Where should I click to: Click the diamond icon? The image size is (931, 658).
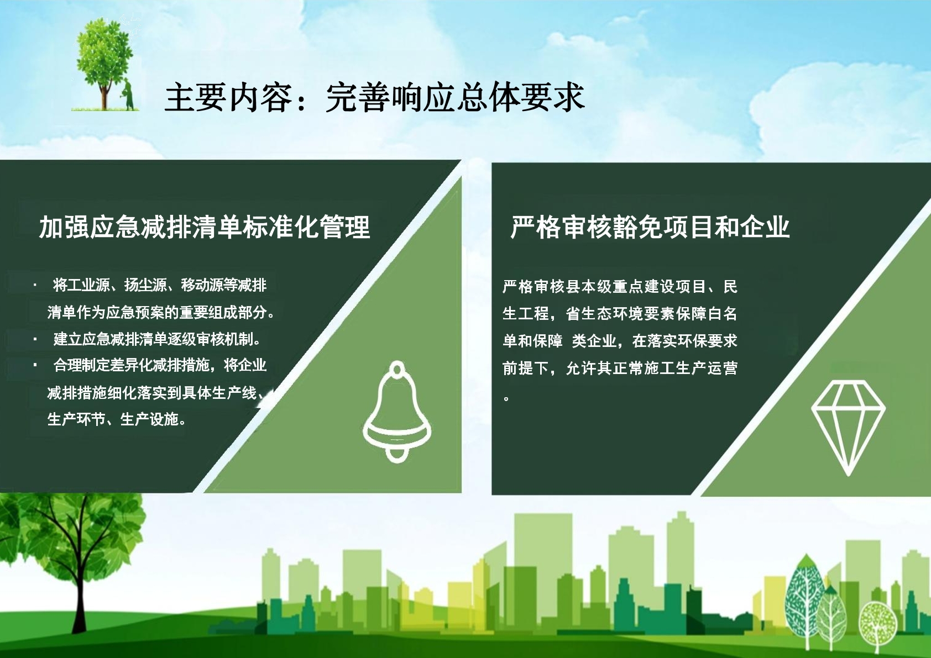pyautogui.click(x=848, y=428)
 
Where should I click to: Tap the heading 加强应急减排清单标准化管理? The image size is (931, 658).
pyautogui.click(x=205, y=227)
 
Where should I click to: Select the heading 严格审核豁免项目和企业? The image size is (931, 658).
pyautogui.click(x=650, y=227)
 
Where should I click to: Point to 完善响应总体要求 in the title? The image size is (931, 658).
pyautogui.click(x=456, y=98)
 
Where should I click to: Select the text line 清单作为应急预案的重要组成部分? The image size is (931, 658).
pyautogui.click(x=161, y=312)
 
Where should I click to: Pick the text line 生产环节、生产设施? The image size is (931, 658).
pyautogui.click(x=117, y=419)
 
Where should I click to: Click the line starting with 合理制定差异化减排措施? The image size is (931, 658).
pyautogui.click(x=160, y=366)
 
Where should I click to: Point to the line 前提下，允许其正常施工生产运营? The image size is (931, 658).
pyautogui.click(x=620, y=369)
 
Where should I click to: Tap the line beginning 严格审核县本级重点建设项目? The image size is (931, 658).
pyautogui.click(x=620, y=287)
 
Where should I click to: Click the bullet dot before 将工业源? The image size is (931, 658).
pyautogui.click(x=35, y=286)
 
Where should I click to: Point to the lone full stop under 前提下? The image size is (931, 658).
pyautogui.click(x=506, y=398)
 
